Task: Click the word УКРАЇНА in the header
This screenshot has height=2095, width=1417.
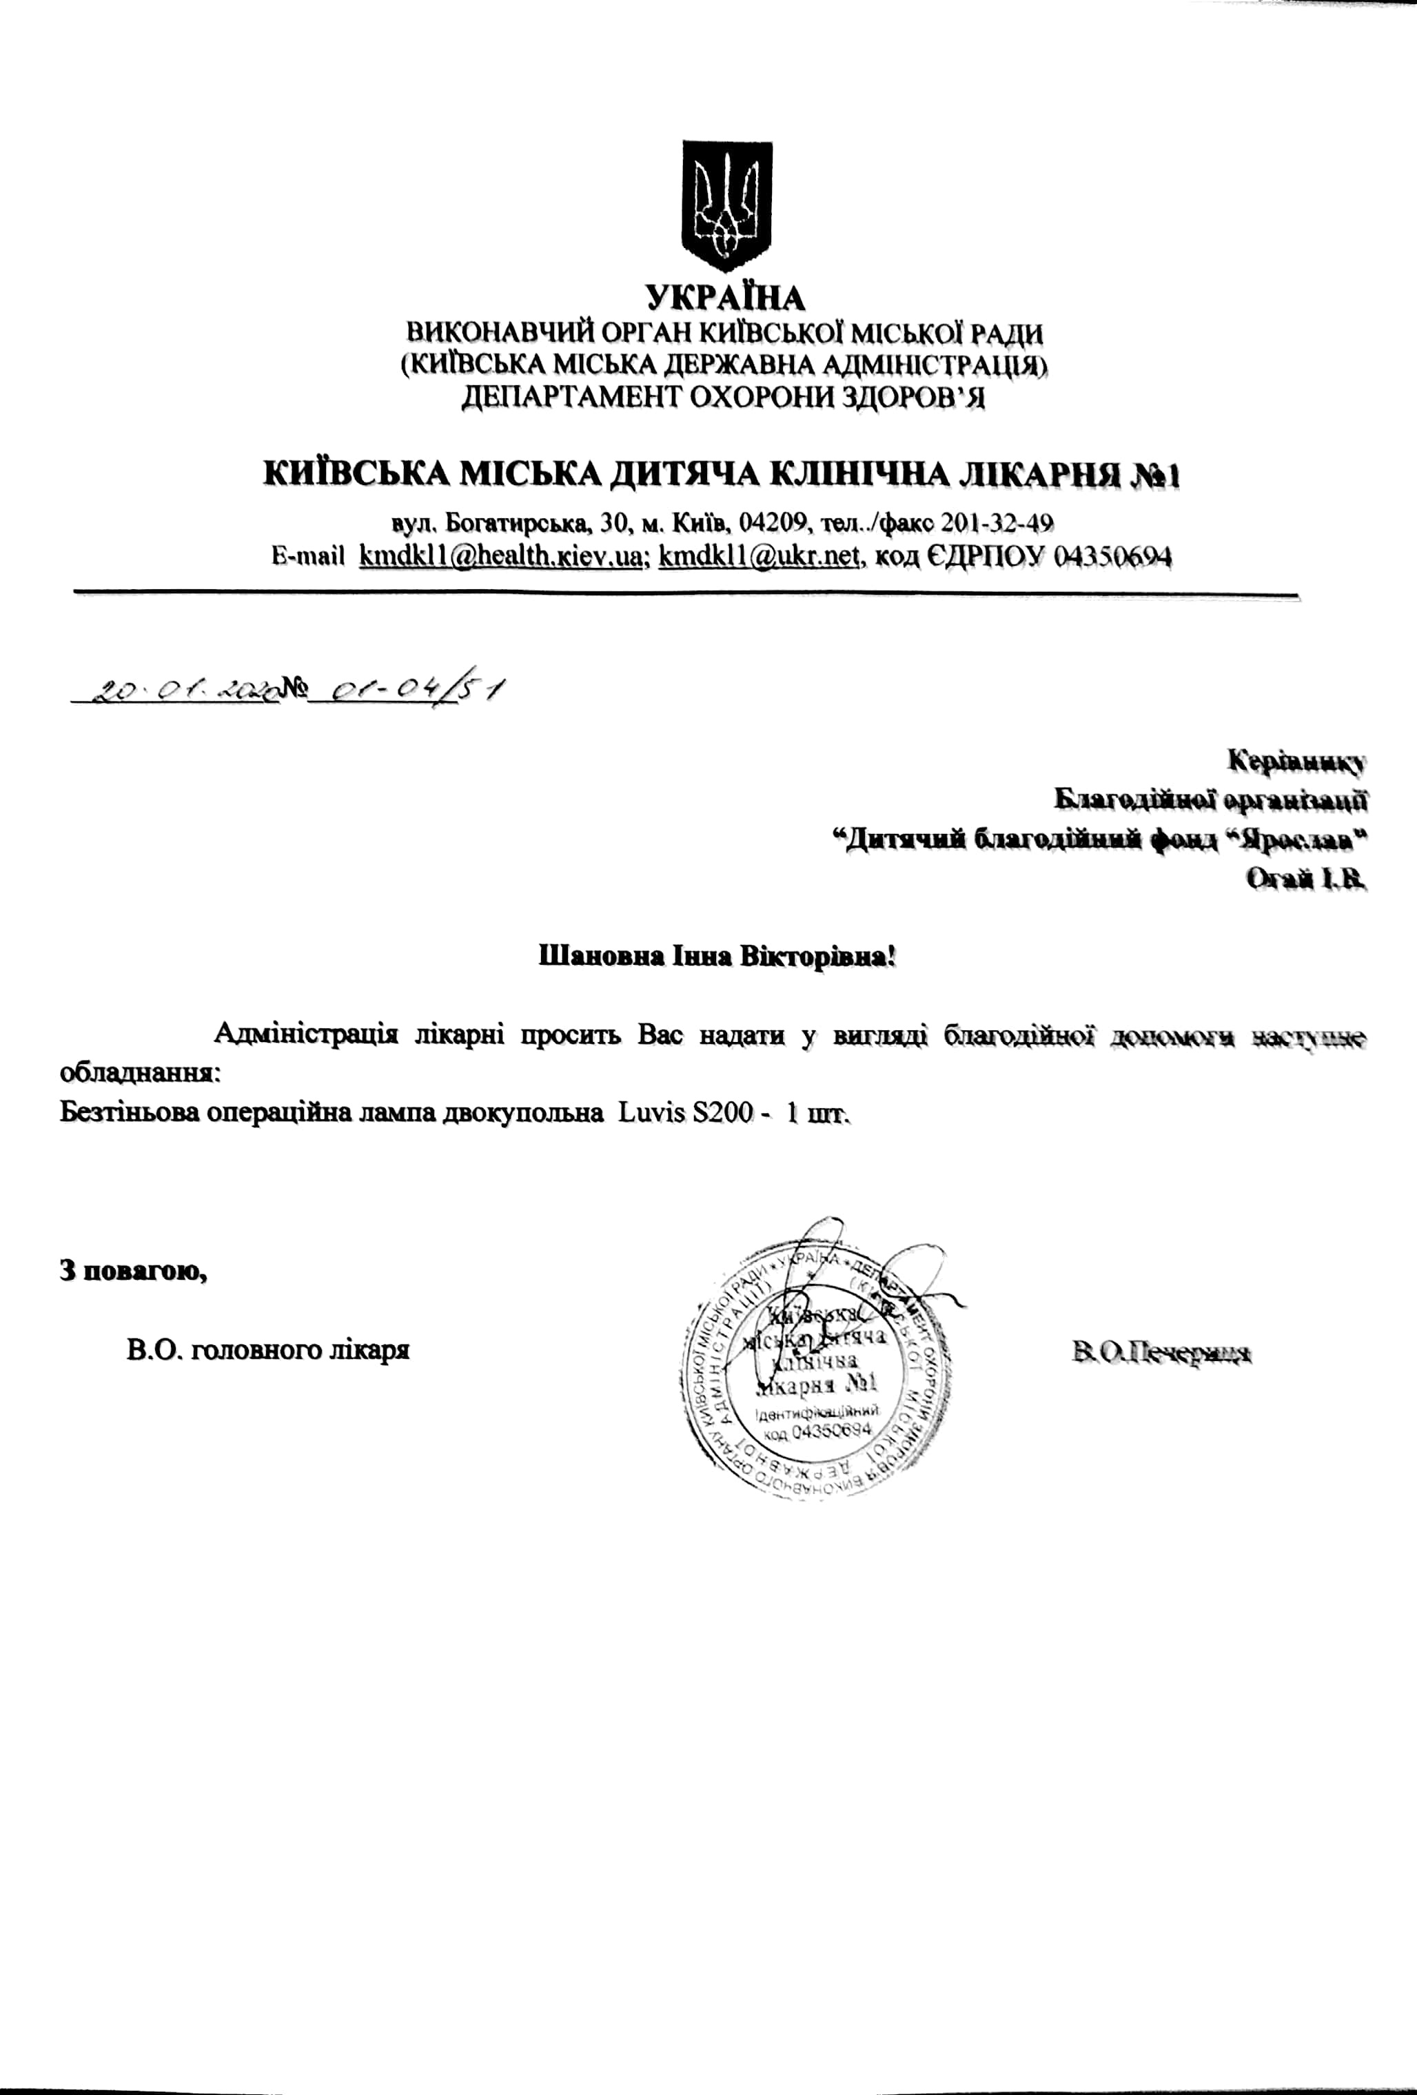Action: (726, 298)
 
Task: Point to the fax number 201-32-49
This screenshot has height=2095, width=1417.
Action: (998, 523)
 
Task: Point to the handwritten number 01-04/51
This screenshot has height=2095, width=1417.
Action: (406, 691)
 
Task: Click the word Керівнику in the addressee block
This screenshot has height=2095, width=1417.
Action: (1297, 761)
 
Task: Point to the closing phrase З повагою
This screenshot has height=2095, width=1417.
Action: (134, 1270)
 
